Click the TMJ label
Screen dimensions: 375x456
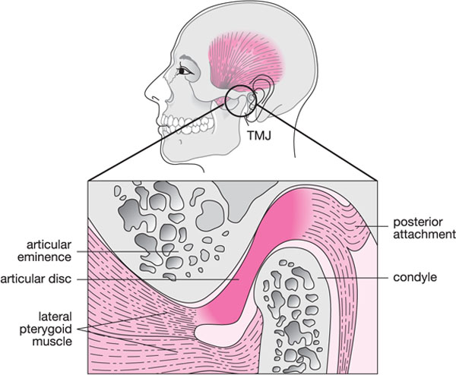[261, 137]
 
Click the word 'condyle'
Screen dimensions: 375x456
[420, 278]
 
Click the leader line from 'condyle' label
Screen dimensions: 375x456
[357, 279]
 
